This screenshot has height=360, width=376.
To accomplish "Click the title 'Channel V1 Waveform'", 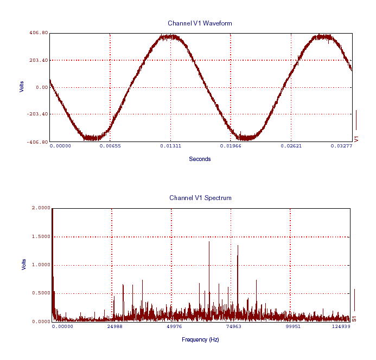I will [x=200, y=23].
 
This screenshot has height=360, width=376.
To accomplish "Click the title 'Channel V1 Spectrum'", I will [x=200, y=198].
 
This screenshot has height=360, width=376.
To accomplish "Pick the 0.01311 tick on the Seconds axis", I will [x=171, y=146].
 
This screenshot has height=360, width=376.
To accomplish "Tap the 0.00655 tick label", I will [x=111, y=146].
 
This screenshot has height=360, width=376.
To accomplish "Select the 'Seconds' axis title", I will [x=200, y=159].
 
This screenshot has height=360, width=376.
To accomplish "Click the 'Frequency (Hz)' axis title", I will [x=200, y=339].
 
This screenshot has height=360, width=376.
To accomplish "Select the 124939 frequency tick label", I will [x=340, y=326].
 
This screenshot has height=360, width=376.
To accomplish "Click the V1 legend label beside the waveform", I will [x=356, y=139].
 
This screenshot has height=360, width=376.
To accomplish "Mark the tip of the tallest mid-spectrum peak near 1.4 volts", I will [x=209, y=242].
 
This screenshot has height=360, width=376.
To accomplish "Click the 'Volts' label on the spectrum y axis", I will [x=23, y=264].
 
